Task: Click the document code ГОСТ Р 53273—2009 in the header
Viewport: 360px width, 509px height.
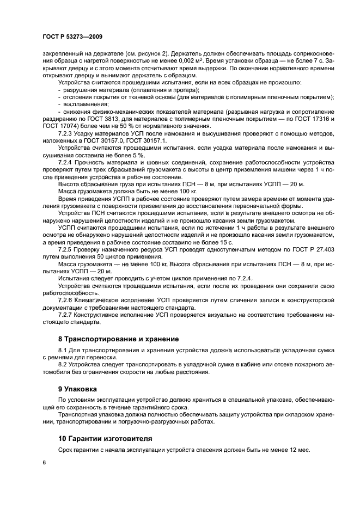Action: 72,37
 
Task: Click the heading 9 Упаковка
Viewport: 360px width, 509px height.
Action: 77,389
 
